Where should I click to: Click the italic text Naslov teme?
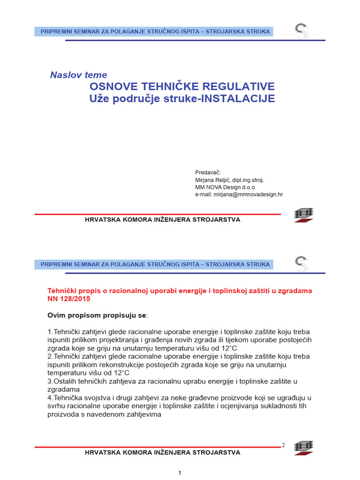click(x=78, y=75)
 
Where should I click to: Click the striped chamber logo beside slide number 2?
click(x=304, y=448)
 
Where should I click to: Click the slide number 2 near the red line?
click(x=283, y=445)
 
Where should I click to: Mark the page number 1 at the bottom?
click(x=180, y=473)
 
